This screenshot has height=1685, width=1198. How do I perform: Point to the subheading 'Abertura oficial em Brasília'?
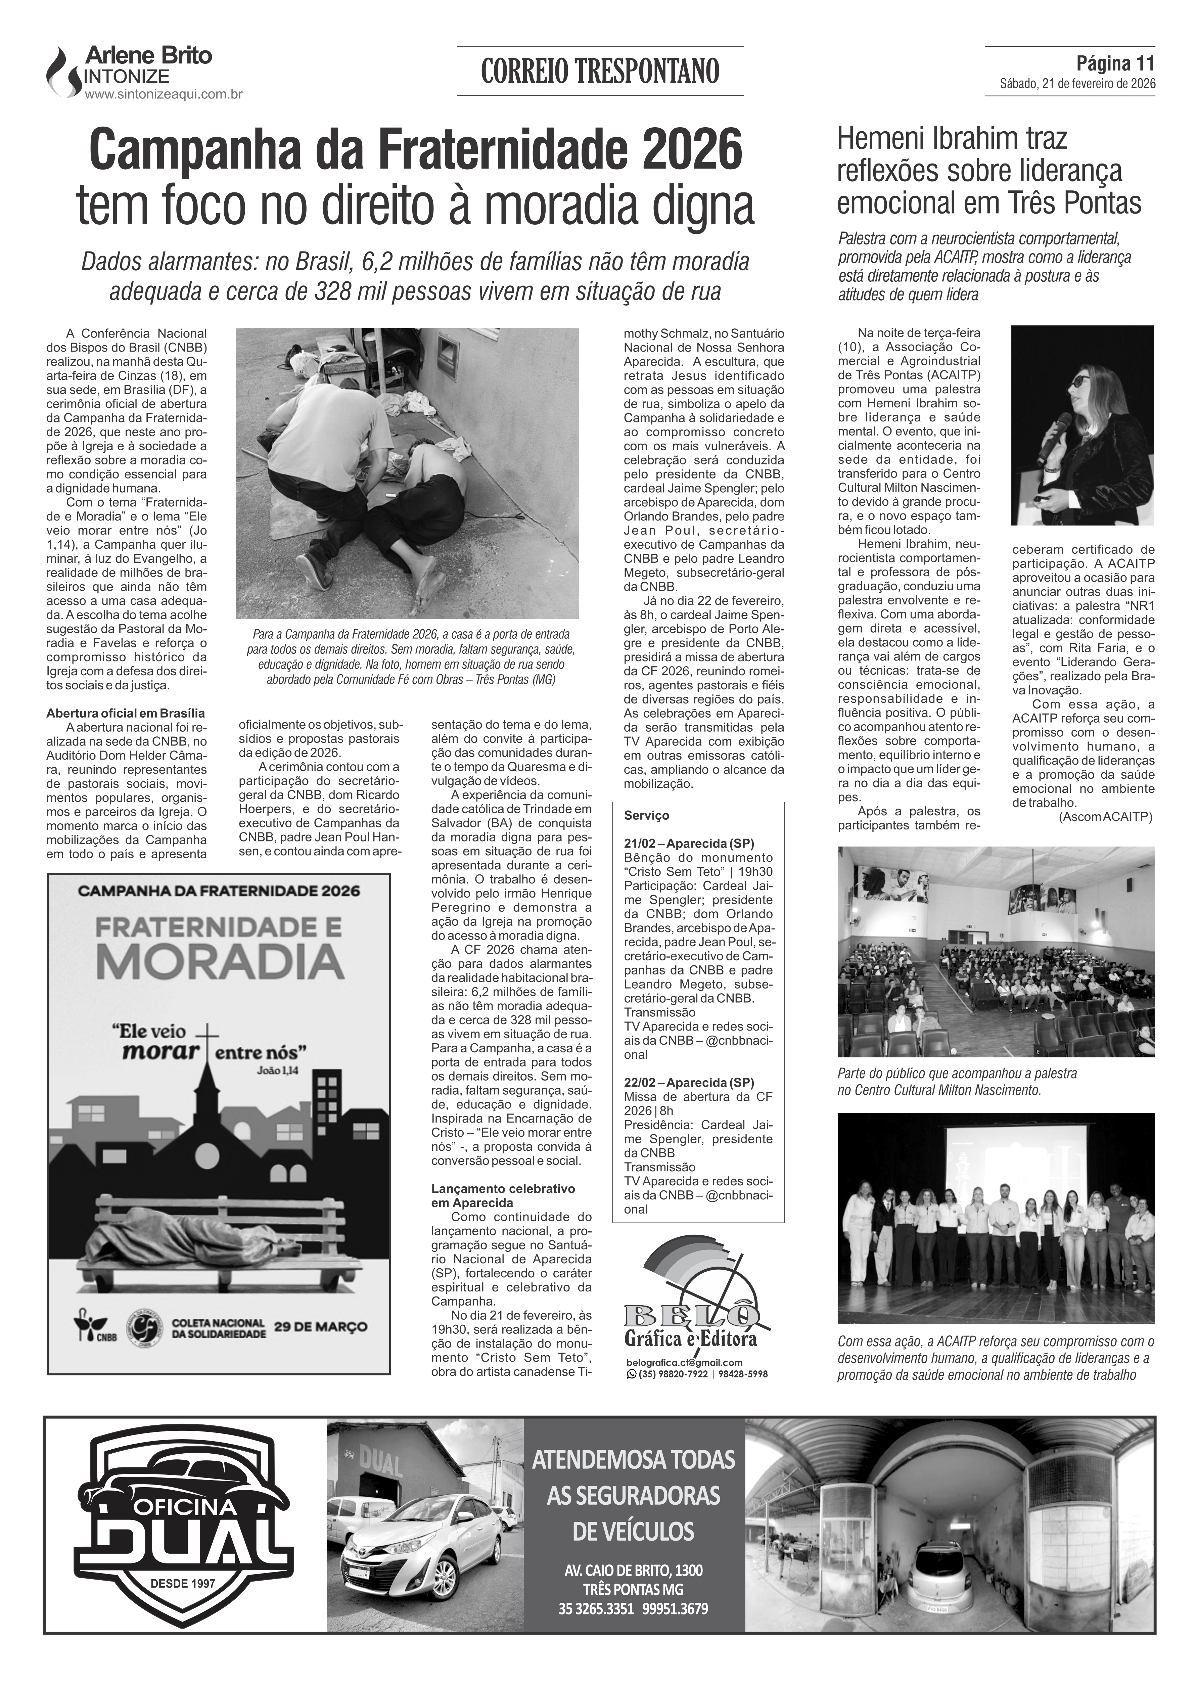coord(125,714)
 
